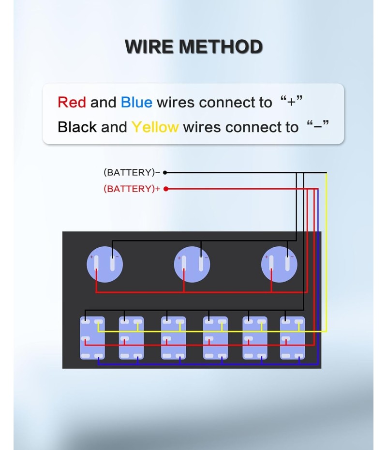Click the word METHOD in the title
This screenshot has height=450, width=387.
221,47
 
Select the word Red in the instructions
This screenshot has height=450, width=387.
72,103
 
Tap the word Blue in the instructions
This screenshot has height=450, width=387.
136,103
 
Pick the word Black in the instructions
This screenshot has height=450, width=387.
77,127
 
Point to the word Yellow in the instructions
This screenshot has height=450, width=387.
155,127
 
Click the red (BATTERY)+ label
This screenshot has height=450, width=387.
132,189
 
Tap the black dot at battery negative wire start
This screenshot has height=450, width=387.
165,172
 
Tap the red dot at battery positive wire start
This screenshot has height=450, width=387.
165,189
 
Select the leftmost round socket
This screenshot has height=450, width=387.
105,264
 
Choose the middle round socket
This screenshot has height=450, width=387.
192,264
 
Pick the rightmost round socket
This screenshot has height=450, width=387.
279,264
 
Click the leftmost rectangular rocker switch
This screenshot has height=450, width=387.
92,338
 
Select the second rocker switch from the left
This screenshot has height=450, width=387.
132,338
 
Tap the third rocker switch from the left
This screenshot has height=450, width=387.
173,338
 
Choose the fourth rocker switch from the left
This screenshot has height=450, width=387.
215,338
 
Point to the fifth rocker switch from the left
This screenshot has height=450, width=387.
255,338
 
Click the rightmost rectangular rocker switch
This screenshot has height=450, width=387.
293,338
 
